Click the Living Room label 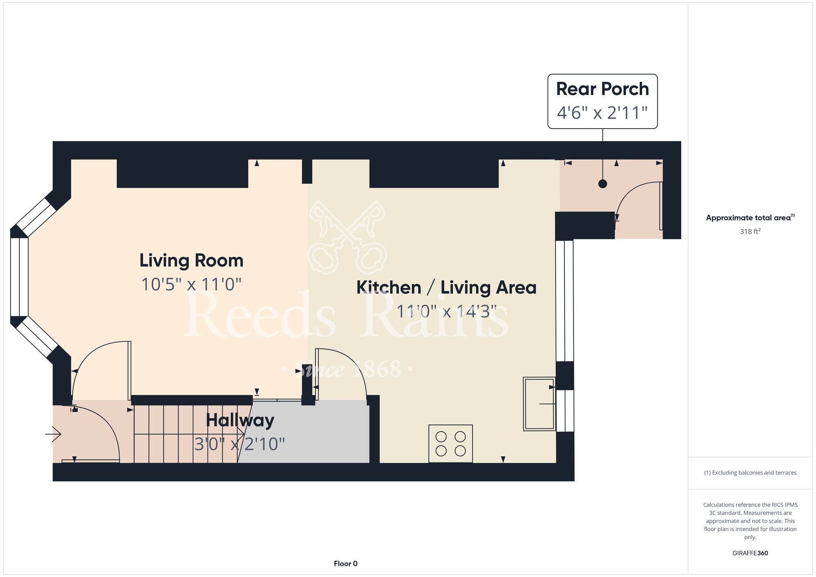pyautogui.click(x=191, y=261)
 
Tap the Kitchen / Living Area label pyautogui.click(x=446, y=287)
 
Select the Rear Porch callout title pyautogui.click(x=602, y=89)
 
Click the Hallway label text pyautogui.click(x=240, y=421)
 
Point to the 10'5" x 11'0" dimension pyautogui.click(x=191, y=284)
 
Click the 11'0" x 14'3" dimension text pyautogui.click(x=446, y=312)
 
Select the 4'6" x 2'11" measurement pyautogui.click(x=602, y=113)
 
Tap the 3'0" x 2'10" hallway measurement pyautogui.click(x=239, y=444)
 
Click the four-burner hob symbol pyautogui.click(x=450, y=444)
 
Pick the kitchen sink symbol pyautogui.click(x=539, y=404)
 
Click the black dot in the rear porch pyautogui.click(x=603, y=184)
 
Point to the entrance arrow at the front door pyautogui.click(x=53, y=434)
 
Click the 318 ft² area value pyautogui.click(x=750, y=231)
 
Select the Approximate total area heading pyautogui.click(x=750, y=217)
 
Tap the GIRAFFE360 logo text pyautogui.click(x=750, y=553)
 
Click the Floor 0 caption pyautogui.click(x=346, y=564)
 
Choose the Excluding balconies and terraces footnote pyautogui.click(x=750, y=473)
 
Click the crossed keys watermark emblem pyautogui.click(x=347, y=237)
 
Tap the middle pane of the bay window pyautogui.click(x=19, y=277)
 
